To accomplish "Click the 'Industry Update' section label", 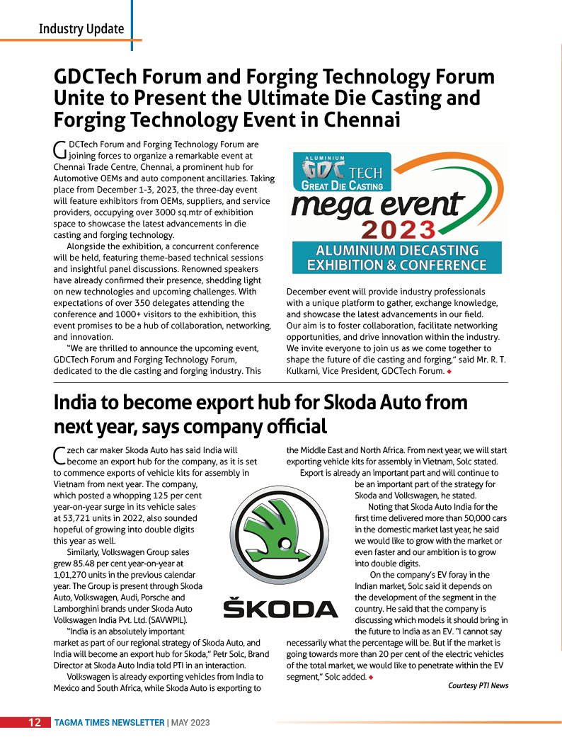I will click(81, 29).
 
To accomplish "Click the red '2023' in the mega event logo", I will click(398, 230).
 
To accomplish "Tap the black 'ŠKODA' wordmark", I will click(280, 608).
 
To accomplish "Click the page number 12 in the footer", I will click(33, 723).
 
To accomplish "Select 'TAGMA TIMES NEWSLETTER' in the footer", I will click(109, 723).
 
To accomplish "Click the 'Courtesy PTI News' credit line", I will click(478, 685).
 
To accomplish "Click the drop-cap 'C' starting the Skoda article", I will click(59, 454).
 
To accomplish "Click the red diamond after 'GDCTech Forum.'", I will click(449, 371).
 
